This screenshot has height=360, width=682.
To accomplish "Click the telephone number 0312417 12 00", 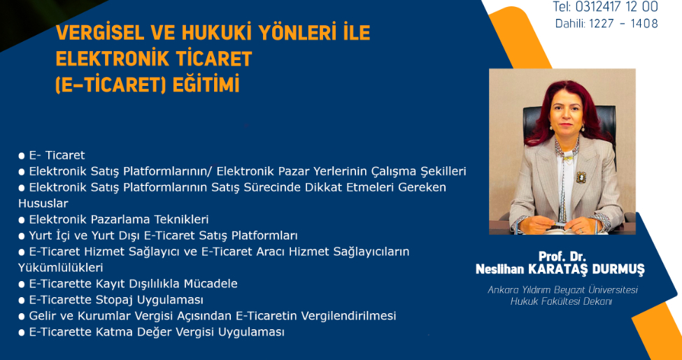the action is pyautogui.click(x=617, y=6).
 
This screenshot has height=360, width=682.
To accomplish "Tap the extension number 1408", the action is pyautogui.click(x=644, y=23).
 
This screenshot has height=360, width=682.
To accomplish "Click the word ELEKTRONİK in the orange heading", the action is pyautogui.click(x=111, y=59).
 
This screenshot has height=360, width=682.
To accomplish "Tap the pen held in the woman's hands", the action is pyautogui.click(x=562, y=222).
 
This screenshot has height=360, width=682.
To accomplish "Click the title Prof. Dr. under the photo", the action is pyautogui.click(x=560, y=256).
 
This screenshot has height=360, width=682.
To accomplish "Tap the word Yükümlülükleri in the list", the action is pyautogui.click(x=60, y=268).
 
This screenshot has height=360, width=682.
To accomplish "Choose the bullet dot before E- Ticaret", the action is pyautogui.click(x=21, y=156).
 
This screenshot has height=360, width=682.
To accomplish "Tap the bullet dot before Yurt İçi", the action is pyautogui.click(x=21, y=236).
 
